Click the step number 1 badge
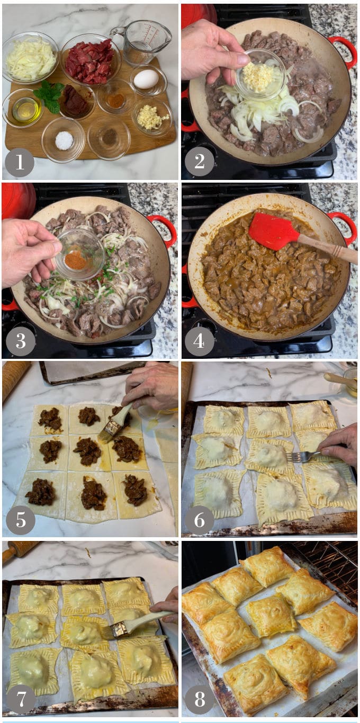click(20, 162)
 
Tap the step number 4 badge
click(200, 341)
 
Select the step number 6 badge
click(200, 520)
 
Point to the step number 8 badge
click(200, 699)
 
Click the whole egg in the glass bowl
click(146, 79)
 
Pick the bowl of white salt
click(64, 140)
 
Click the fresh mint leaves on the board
click(50, 96)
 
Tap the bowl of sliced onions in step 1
click(30, 58)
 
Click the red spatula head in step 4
click(273, 231)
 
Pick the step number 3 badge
click(20, 341)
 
